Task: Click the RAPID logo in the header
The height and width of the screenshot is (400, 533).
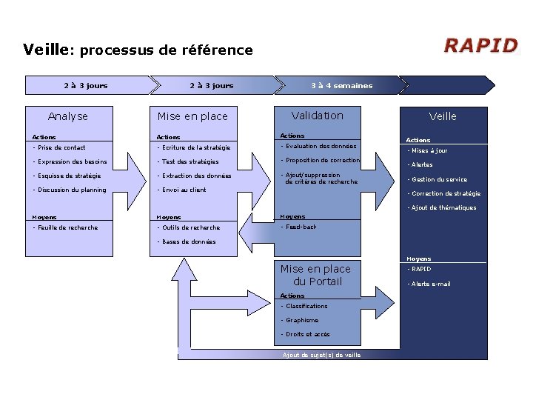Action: click(x=480, y=46)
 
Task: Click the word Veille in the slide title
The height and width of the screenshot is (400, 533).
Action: click(x=45, y=50)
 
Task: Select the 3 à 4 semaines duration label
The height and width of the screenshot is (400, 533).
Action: click(x=341, y=85)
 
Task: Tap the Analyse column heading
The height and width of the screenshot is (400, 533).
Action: click(x=67, y=116)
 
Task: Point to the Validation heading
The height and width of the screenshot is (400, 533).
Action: click(x=318, y=116)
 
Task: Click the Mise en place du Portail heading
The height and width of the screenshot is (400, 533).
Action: click(x=315, y=275)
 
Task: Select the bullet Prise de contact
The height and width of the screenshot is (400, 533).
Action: click(x=60, y=147)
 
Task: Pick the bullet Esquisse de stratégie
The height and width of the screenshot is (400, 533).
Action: click(x=67, y=176)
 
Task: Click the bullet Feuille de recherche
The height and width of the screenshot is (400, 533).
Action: click(x=66, y=227)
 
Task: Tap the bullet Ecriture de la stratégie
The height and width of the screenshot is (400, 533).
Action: click(x=193, y=147)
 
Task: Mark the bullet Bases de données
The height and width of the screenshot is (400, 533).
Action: click(x=187, y=241)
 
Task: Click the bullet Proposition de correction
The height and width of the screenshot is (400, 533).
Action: click(x=321, y=161)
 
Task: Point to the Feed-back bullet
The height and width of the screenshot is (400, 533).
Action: click(x=299, y=227)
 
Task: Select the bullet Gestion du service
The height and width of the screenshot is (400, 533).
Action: click(x=438, y=179)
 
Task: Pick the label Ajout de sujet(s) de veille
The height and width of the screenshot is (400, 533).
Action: click(x=322, y=356)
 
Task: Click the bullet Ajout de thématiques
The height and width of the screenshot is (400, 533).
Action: click(x=442, y=207)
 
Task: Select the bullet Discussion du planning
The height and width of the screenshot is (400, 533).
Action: click(x=70, y=190)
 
